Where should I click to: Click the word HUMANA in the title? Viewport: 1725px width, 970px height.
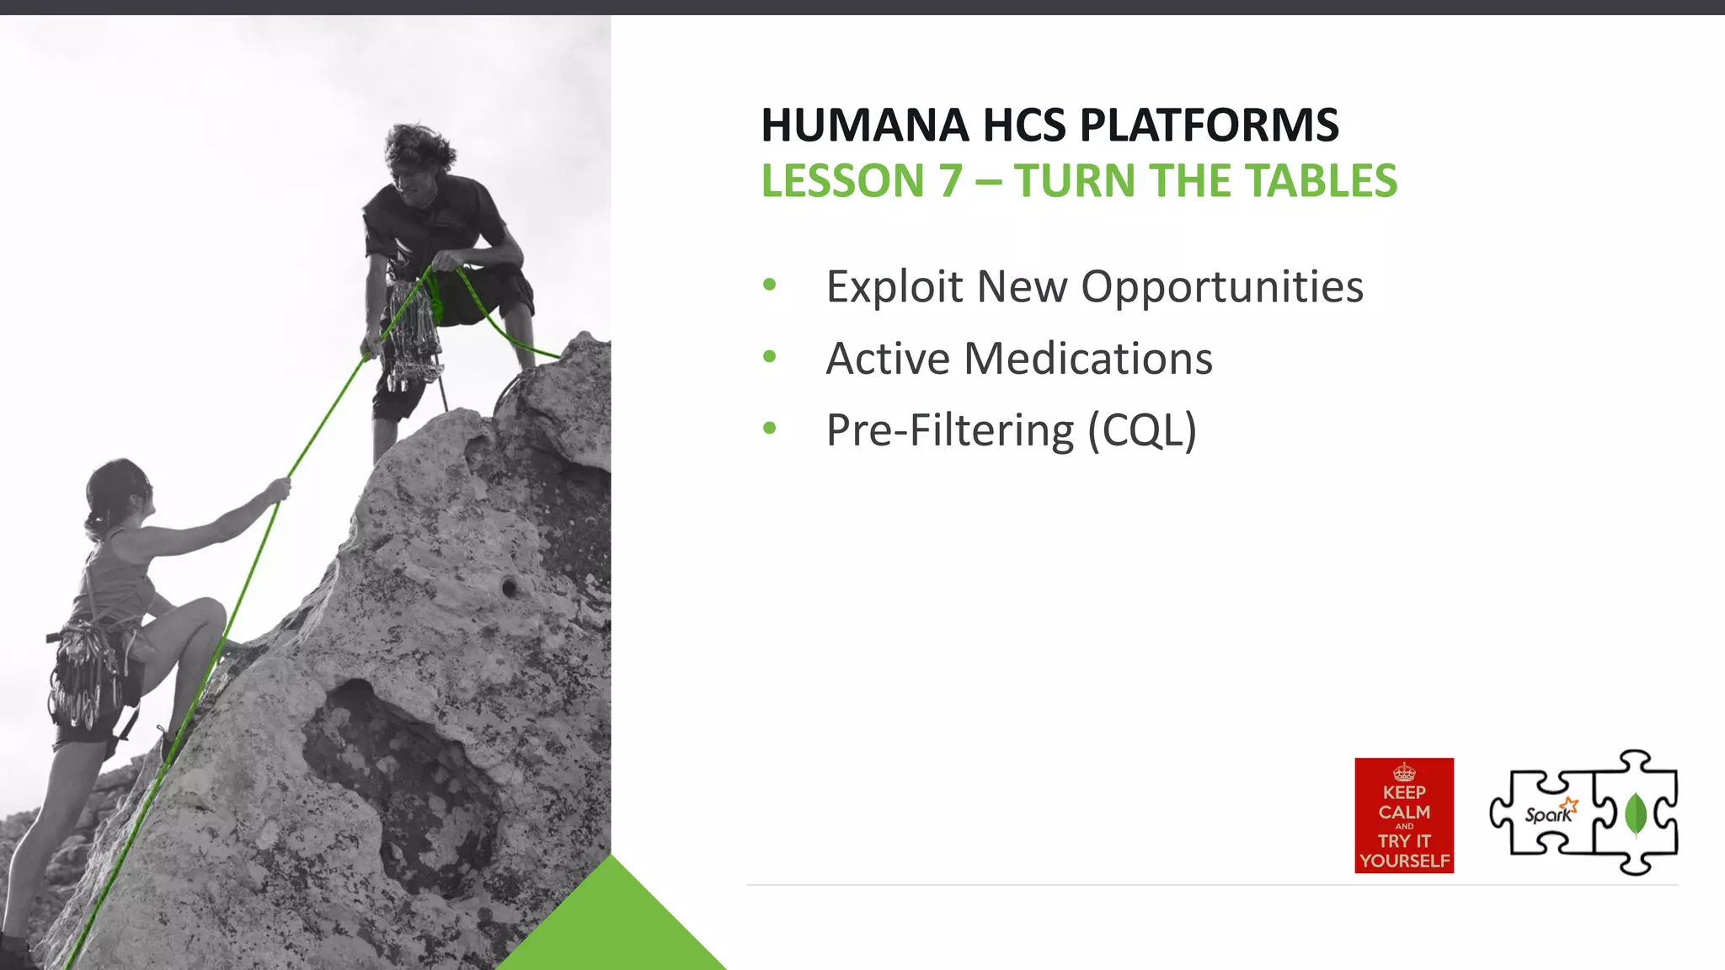pos(865,125)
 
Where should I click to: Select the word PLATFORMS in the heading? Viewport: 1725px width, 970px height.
pos(1209,125)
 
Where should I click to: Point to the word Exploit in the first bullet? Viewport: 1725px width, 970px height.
pos(895,287)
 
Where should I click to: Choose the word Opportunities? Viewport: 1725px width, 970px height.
pos(1221,287)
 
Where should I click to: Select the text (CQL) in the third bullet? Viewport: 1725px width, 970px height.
pos(1141,431)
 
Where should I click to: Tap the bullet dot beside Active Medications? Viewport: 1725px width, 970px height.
pos(769,357)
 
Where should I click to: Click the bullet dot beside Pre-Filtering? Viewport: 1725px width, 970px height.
pos(769,429)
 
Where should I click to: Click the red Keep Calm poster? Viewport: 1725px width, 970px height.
pos(1404,815)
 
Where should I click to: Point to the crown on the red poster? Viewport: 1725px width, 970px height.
pos(1404,771)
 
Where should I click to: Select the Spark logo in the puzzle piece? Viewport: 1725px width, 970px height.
pos(1549,813)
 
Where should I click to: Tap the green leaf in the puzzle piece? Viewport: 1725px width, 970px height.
pos(1635,813)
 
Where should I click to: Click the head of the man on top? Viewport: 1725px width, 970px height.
pos(418,160)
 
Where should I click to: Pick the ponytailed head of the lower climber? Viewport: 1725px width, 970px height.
pos(118,497)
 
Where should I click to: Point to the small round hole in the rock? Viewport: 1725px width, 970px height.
pos(509,587)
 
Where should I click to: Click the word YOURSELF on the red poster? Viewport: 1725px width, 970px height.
pos(1404,861)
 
